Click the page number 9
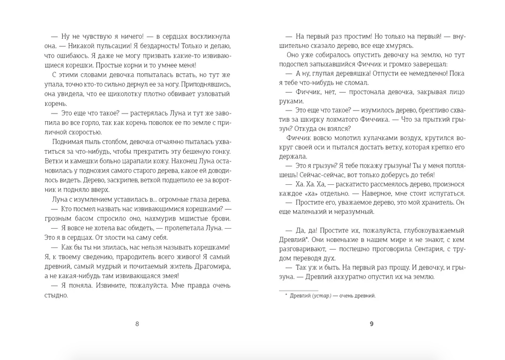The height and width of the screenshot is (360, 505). coord(372,323)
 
